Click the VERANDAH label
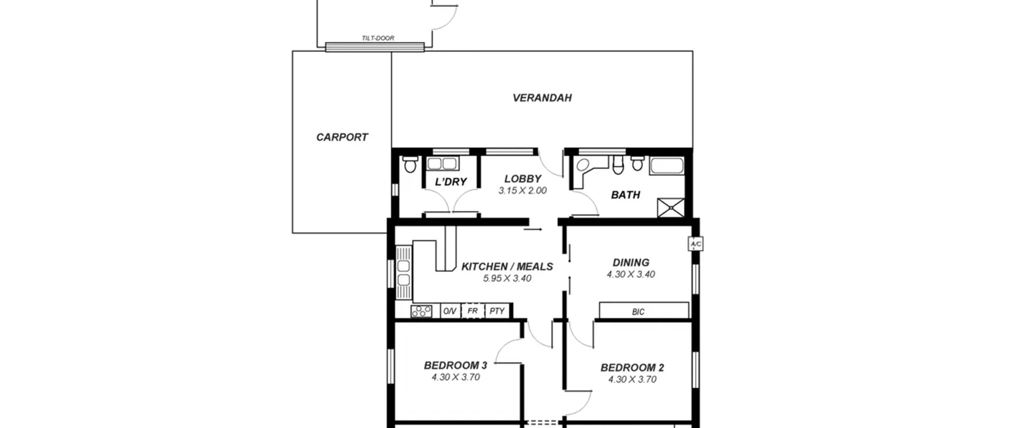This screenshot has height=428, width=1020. coord(542,98)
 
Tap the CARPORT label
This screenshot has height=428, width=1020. coord(342,137)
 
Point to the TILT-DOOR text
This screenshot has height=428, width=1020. coord(378,38)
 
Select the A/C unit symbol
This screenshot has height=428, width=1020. coord(696,244)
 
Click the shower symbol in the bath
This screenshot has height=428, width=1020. coord(671,207)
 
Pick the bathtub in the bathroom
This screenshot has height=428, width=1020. coord(667,166)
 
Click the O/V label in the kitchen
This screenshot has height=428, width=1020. coord(450,311)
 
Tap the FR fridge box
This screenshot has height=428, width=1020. coord(473,311)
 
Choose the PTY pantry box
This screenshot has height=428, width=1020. coord(497,311)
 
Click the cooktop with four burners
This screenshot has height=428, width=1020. coord(421,311)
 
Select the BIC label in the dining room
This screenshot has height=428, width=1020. coord(638,312)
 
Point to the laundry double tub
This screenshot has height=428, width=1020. coord(442,164)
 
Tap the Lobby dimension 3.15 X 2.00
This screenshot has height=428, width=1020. coord(522,191)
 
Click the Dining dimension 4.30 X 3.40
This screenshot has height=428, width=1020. coord(631,274)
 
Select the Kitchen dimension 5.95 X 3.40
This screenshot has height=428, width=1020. coord(507,278)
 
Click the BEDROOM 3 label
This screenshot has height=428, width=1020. coord(455,365)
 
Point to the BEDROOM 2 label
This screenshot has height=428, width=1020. coord(632,367)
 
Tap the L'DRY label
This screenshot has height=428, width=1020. coord(451,182)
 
